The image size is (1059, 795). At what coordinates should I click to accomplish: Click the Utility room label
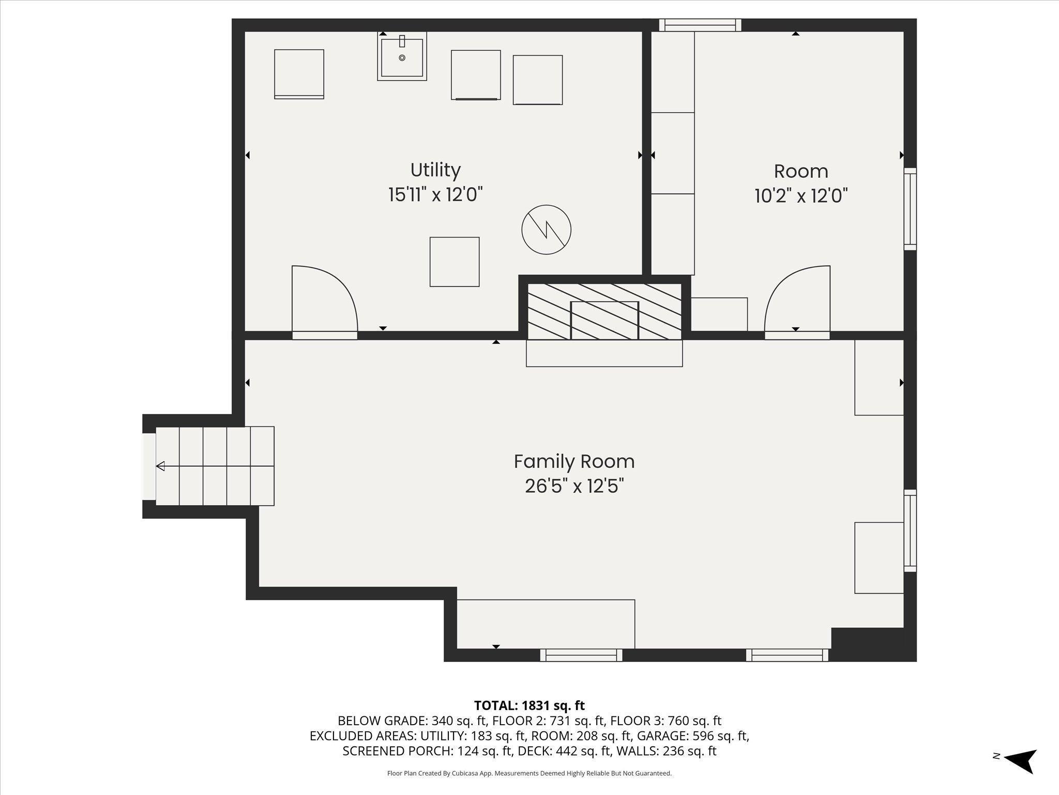coord(435,170)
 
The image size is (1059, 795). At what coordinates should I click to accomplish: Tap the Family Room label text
coord(573,461)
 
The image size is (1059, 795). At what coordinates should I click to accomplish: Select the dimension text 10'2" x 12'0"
coord(800,196)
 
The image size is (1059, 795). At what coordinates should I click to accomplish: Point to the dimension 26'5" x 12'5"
coord(574,487)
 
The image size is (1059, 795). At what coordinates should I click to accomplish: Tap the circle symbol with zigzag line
coord(546,230)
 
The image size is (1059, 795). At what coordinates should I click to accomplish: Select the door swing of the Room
coord(797,298)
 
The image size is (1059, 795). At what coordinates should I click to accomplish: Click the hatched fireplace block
coord(604,311)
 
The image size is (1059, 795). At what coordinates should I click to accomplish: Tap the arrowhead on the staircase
coord(160,466)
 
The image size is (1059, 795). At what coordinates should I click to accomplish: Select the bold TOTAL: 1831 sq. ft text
coord(529,705)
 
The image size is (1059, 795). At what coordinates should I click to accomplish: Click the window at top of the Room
coord(700,25)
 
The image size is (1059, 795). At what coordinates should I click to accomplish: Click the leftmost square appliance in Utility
coord(299,74)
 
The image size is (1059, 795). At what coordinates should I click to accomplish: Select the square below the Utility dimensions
coord(454,261)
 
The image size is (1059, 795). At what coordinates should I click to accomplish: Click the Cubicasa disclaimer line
coord(529,773)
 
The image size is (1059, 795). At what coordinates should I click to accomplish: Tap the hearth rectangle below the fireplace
coord(604,353)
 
